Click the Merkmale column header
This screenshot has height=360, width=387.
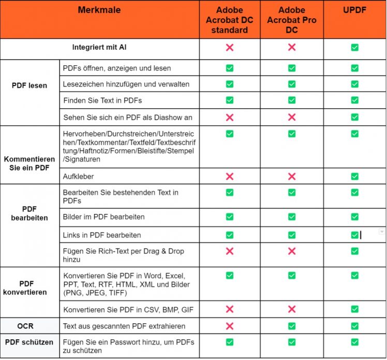pos(100,10)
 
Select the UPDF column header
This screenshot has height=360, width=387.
pos(354,10)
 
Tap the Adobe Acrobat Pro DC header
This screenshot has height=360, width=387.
pos(291,20)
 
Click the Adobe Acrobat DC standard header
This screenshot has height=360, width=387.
pos(230,20)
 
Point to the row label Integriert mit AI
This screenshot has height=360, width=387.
pos(99,48)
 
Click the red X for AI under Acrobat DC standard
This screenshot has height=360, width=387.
pos(230,48)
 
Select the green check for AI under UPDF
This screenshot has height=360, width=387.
pos(354,48)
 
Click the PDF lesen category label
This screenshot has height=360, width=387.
pos(29,85)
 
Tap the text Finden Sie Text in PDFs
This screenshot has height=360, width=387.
pos(102,100)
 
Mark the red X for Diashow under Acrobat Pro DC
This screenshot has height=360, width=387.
pos(291,117)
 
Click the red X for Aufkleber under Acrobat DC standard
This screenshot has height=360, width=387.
pos(230,177)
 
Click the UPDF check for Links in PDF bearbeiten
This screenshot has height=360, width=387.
pos(354,235)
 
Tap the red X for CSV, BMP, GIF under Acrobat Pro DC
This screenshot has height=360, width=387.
pos(291,310)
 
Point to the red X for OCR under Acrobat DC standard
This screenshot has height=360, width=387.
pos(230,326)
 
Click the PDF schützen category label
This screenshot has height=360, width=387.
pos(29,342)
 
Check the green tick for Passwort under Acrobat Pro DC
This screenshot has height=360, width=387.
pos(291,342)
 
